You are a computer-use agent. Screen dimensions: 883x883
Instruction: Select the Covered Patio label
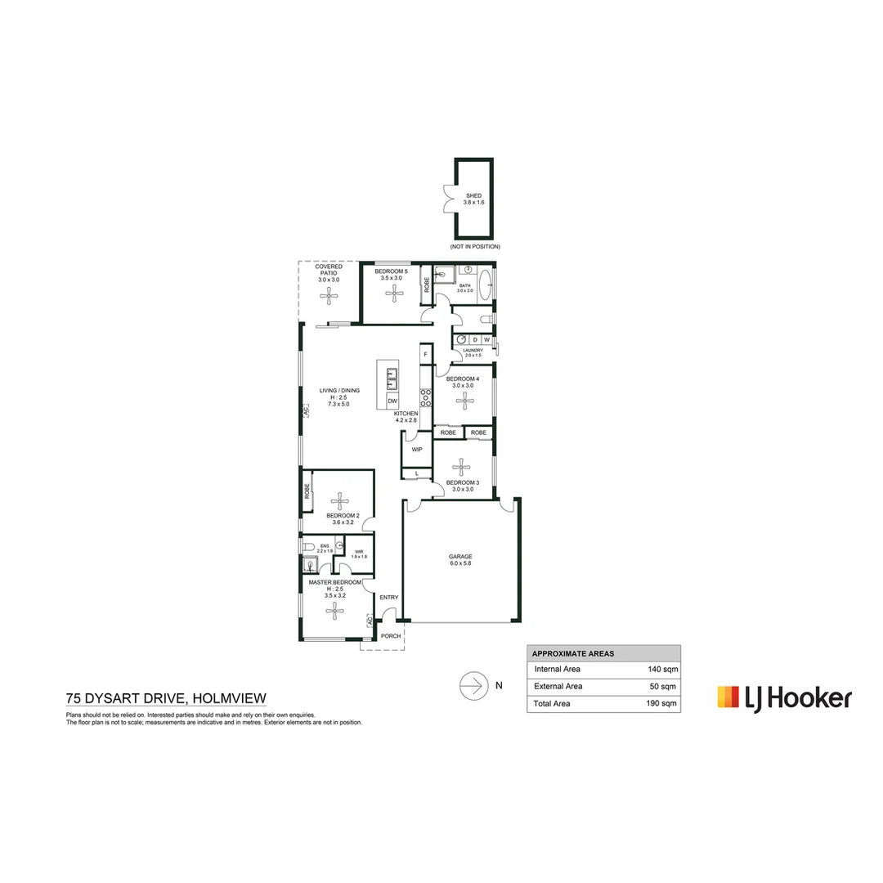point(329,273)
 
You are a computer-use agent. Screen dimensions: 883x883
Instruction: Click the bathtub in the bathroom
point(485,285)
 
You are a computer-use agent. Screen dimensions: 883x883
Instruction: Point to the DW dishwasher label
point(392,401)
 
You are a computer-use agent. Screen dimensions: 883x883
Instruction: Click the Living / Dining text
point(338,391)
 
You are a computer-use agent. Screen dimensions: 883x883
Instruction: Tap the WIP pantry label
point(417,450)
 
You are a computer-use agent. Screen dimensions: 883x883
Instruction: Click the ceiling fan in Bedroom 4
point(465,401)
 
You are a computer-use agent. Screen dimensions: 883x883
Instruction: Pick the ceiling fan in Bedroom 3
point(464,466)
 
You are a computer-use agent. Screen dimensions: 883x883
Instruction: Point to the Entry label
point(388,598)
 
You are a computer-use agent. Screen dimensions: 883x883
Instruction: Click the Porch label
point(391,635)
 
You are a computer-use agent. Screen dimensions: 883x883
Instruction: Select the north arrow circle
point(473,685)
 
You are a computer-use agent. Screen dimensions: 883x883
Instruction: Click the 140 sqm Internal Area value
point(662,669)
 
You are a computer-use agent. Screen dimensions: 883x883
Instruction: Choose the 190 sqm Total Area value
point(662,703)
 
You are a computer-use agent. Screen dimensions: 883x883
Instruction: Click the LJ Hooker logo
point(784,697)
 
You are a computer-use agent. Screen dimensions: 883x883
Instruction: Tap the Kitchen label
point(406,415)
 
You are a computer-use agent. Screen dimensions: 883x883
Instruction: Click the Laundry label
point(473,352)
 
